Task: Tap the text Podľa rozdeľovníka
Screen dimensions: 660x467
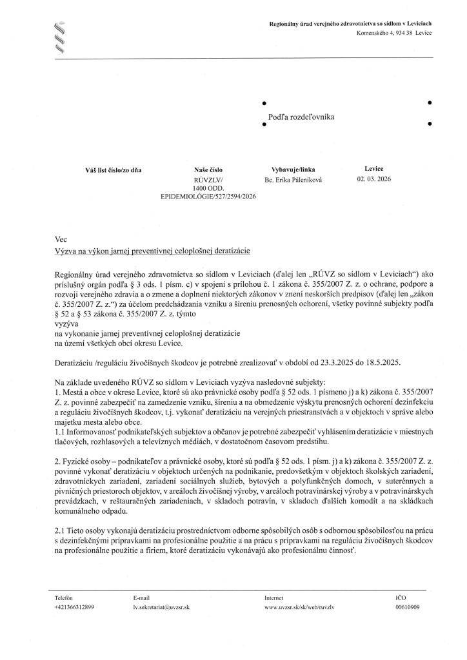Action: (x=301, y=117)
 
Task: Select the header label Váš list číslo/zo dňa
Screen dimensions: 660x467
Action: (x=113, y=170)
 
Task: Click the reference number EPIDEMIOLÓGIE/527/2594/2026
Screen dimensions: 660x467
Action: (x=208, y=195)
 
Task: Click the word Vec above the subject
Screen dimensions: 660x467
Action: (x=61, y=238)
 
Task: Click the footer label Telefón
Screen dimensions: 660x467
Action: (x=66, y=597)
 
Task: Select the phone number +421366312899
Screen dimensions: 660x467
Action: (x=75, y=607)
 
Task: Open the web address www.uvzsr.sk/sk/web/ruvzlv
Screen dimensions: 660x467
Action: (x=299, y=607)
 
